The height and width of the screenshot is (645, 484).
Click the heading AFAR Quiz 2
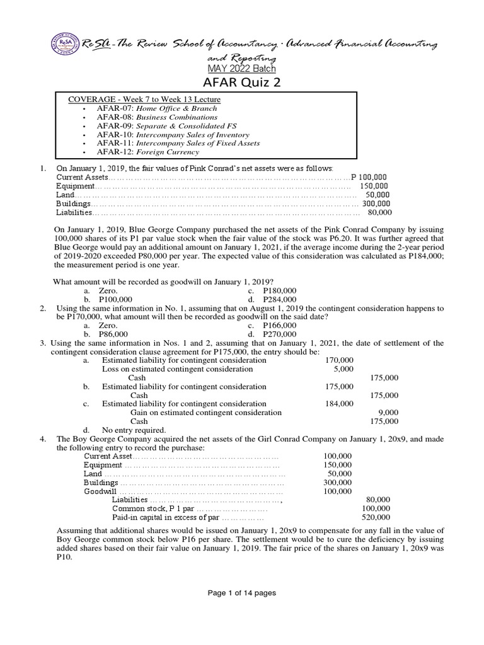click(x=242, y=84)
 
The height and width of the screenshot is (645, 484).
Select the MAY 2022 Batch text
click(x=242, y=69)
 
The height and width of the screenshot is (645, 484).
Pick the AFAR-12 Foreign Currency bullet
click(x=147, y=152)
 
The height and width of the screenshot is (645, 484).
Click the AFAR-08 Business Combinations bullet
click(x=157, y=117)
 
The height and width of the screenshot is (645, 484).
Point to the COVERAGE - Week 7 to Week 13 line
click(x=144, y=99)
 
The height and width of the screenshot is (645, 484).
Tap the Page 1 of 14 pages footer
click(x=242, y=593)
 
